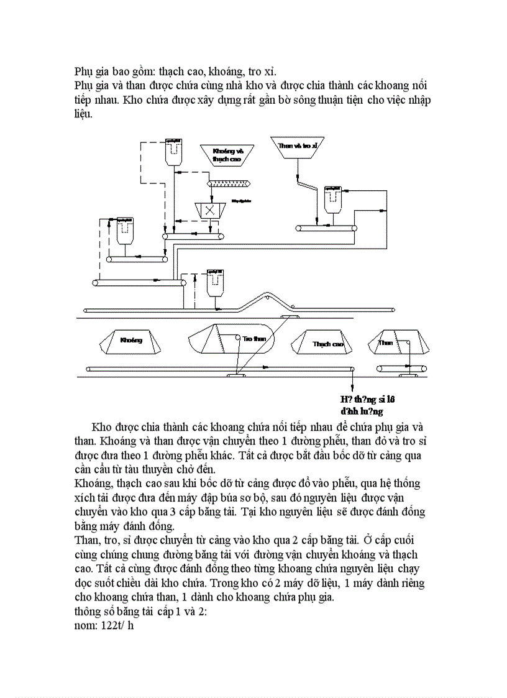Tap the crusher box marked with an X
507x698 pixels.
click(209, 210)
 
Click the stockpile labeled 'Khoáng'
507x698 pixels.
click(130, 341)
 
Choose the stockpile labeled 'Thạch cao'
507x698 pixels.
click(327, 343)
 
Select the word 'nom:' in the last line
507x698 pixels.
click(86, 625)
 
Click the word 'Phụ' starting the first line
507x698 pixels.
click(84, 70)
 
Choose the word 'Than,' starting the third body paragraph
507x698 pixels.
click(87, 539)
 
